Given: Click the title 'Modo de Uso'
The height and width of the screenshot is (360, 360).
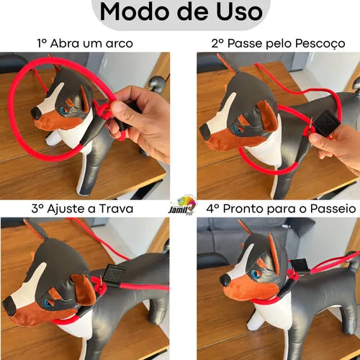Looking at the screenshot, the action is pos(181,12).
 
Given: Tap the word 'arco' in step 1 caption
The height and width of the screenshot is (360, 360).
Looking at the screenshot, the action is pos(120,44).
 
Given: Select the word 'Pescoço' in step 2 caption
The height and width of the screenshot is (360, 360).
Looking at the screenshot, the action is pos(320,44).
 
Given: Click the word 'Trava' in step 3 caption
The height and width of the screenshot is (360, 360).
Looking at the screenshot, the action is pos(116,209).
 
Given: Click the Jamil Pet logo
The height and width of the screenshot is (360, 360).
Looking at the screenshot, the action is pos(182,205).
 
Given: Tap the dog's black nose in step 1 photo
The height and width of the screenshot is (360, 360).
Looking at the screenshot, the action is pos(36,113).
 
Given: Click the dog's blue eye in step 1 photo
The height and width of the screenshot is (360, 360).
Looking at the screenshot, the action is pos(64,111).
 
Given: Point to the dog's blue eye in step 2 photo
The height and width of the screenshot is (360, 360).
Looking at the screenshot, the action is pos(238,130).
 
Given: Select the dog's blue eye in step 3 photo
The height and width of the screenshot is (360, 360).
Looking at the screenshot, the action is pos(48,303).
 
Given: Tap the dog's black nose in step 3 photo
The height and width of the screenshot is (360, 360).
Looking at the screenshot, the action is pos(9,305).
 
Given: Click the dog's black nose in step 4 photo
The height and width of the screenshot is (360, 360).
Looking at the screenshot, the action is pos(225,279).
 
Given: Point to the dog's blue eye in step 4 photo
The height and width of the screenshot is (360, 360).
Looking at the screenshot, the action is pos(255,274).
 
